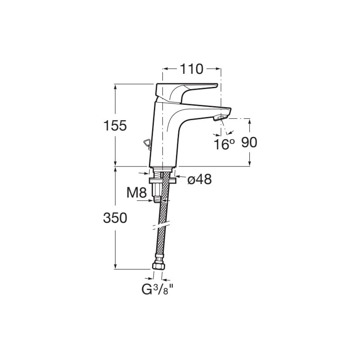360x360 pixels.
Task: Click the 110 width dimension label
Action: pos(192,69)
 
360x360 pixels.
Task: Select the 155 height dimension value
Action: pos(115,126)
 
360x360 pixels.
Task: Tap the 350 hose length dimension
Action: pos(115,218)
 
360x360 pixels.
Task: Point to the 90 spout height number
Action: pos(249,143)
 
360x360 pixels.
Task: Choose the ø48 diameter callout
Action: pos(199,179)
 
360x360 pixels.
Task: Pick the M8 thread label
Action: pos(137,193)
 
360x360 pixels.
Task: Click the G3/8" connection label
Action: pos(157,290)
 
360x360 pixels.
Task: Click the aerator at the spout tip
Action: pos(220,118)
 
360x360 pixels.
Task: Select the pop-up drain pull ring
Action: pos(146,144)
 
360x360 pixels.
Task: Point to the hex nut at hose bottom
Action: pos(159,266)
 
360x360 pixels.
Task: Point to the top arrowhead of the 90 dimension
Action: pos(250,121)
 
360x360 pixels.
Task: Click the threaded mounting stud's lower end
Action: pos(157,200)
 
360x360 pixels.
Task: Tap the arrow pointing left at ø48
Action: pos(180,177)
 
